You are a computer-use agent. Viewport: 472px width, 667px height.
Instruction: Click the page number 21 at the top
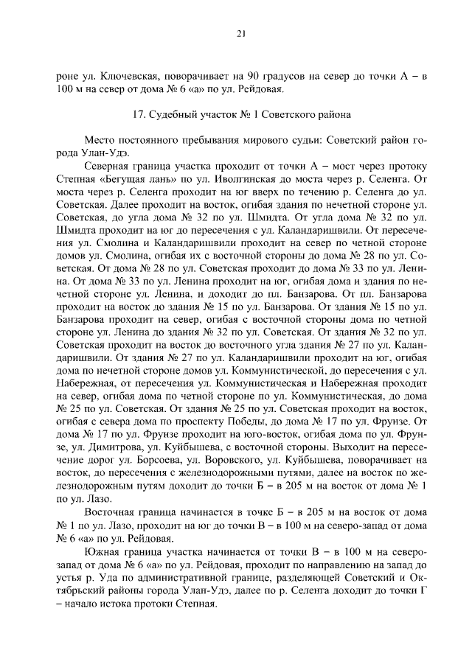[240, 33]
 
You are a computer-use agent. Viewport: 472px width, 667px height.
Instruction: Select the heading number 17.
[138, 115]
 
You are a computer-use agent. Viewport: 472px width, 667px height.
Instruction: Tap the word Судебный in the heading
[172, 115]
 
